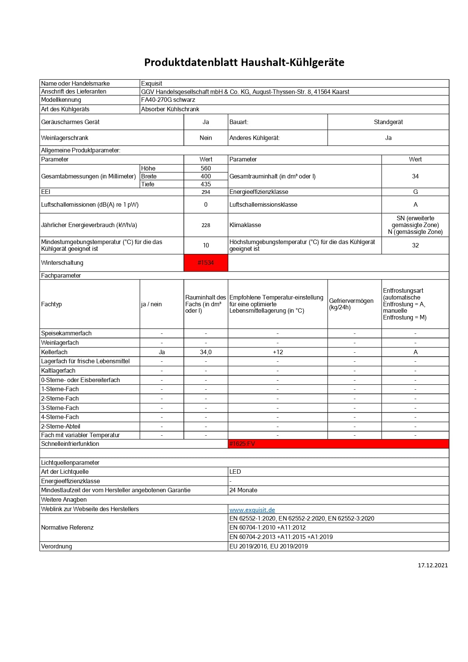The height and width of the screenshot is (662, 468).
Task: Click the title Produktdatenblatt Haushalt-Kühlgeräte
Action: [x=244, y=62]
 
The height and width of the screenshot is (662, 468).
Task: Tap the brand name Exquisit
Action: [x=152, y=83]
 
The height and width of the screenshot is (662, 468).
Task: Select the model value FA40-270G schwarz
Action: [x=168, y=100]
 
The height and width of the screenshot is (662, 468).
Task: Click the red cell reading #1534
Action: [x=206, y=263]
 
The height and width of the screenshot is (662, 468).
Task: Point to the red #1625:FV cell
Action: [x=242, y=444]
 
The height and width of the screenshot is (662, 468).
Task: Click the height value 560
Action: [x=206, y=168]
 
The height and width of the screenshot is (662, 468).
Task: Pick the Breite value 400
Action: [x=206, y=176]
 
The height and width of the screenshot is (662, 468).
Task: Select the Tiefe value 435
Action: [x=206, y=184]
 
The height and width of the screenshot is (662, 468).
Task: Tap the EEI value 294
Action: [x=206, y=192]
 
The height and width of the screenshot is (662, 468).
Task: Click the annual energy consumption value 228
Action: [x=206, y=225]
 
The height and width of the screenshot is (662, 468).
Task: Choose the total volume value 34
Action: [x=415, y=176]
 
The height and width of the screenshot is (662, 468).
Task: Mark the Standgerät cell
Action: [x=388, y=122]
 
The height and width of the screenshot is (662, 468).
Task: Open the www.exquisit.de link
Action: [x=252, y=510]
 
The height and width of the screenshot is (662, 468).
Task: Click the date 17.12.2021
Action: [x=433, y=565]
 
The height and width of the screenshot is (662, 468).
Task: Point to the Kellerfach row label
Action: [x=54, y=352]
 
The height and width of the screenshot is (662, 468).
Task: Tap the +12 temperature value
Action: [x=278, y=352]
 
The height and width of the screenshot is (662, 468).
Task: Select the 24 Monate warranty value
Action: [x=243, y=490]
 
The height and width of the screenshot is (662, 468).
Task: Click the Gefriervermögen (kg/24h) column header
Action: [x=351, y=304]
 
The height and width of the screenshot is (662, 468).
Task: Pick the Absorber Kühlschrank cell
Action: [x=170, y=109]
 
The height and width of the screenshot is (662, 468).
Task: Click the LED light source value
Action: [x=235, y=472]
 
